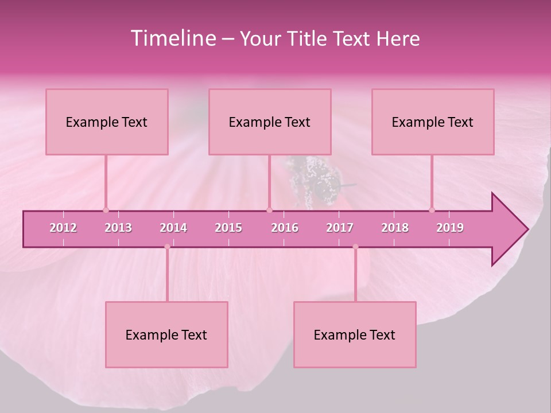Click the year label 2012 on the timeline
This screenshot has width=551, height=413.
coord(63,228)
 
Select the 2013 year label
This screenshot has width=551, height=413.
coord(118,228)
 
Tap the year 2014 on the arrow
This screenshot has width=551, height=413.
coord(173,228)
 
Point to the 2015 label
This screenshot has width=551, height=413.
coord(228,228)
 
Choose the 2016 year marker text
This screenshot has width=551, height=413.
coord(285,228)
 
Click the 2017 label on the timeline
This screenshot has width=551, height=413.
coord(340,228)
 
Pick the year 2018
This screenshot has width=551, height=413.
coord(395,228)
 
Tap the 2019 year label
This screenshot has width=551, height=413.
coord(450,228)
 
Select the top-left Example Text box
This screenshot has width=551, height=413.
coord(107,122)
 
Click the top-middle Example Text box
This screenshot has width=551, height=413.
coord(270,122)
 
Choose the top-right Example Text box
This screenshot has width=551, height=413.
coord(433,122)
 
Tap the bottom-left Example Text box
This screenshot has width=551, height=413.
coord(166,335)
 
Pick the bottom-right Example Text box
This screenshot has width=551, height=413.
coord(355,335)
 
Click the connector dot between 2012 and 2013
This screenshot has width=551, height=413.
coord(106,210)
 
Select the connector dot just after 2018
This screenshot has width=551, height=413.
coord(432,210)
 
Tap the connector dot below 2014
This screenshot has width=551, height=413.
coord(167,247)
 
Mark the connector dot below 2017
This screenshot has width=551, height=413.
coord(355,247)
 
